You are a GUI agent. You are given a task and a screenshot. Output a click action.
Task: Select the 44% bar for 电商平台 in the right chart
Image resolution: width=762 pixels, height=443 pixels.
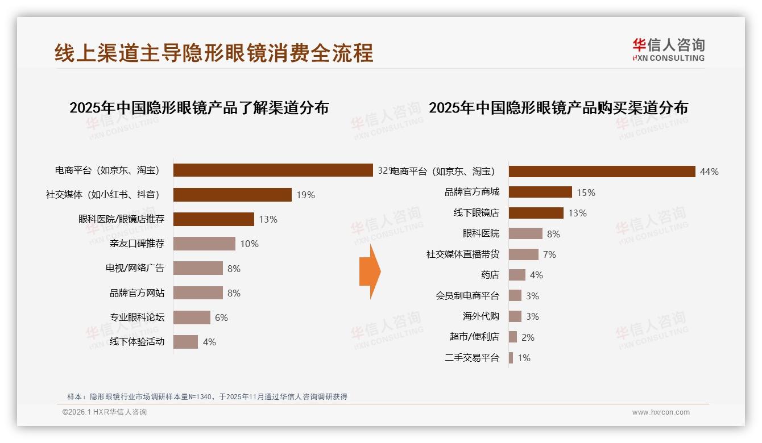click(x=602, y=172)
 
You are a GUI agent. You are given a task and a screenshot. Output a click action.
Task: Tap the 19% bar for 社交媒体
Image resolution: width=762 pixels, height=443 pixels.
click(x=232, y=195)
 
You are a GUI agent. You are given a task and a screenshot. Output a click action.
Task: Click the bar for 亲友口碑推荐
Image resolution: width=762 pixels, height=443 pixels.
click(x=204, y=244)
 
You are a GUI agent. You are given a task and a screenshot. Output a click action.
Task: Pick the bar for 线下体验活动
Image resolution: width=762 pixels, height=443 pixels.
click(x=185, y=342)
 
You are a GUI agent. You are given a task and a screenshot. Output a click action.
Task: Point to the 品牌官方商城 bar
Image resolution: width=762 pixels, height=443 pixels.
click(x=540, y=193)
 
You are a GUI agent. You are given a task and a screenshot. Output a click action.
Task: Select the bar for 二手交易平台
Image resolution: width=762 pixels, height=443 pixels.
click(x=511, y=358)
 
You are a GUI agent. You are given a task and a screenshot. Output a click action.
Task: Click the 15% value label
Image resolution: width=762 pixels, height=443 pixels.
click(x=586, y=193)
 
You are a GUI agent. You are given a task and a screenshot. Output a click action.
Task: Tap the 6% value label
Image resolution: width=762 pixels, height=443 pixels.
click(x=221, y=317)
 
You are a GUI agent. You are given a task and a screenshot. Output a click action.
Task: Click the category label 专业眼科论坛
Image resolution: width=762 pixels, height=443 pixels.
click(x=136, y=317)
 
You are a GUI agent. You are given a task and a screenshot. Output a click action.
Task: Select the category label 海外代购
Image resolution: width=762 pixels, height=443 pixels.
click(x=481, y=316)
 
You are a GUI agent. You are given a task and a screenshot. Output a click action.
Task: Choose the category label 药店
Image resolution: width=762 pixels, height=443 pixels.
click(x=490, y=275)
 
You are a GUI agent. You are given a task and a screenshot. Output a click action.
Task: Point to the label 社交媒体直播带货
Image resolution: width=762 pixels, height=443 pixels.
click(x=462, y=254)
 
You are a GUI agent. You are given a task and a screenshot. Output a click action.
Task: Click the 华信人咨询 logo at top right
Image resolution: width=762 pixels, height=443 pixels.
click(x=668, y=50)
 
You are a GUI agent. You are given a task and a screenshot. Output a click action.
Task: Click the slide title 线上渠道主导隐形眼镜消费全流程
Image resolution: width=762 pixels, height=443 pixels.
click(x=214, y=53)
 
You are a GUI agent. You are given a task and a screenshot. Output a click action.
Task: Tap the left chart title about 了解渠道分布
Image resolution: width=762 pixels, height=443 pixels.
click(x=199, y=108)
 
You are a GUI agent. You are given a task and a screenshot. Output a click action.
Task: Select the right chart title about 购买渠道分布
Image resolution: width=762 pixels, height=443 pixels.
click(x=558, y=108)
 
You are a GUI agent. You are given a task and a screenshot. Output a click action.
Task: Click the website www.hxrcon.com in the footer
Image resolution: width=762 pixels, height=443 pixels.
click(x=660, y=412)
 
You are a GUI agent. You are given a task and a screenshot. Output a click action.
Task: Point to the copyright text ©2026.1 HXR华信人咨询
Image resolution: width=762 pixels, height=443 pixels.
click(x=105, y=412)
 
